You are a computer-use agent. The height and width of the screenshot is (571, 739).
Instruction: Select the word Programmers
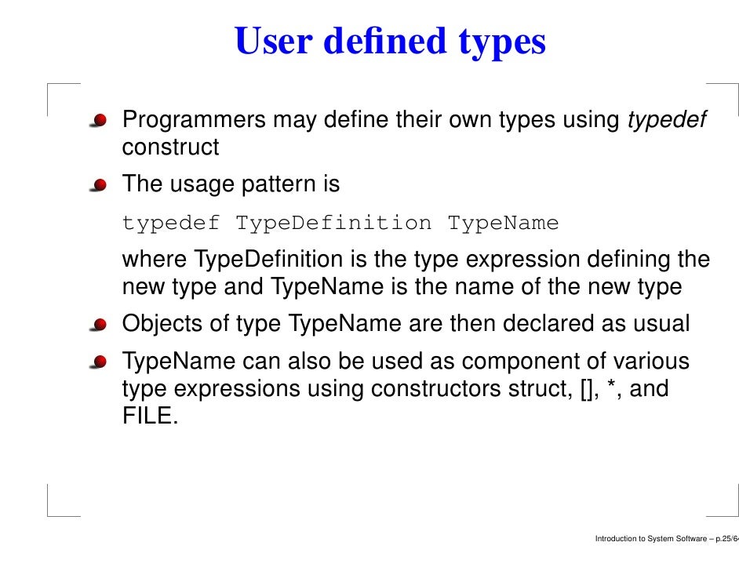coord(194,121)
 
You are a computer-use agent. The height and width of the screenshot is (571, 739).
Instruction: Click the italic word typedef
coord(668,121)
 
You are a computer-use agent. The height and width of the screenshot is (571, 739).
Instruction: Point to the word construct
coord(170,147)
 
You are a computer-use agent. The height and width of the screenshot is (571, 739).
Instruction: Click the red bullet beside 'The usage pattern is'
coord(99,186)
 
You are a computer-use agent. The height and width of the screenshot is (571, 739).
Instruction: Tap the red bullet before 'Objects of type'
coord(99,326)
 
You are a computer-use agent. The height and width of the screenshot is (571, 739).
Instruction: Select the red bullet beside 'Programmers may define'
coord(99,122)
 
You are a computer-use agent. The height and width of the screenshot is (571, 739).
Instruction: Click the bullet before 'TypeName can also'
coord(99,363)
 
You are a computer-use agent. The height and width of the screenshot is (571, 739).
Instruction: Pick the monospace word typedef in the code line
coord(171,224)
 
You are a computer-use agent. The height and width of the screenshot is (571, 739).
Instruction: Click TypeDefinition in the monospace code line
coord(333,224)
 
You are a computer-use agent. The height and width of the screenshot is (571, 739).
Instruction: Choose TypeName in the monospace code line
coord(503,224)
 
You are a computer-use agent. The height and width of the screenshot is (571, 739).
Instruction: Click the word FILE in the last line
coord(147,416)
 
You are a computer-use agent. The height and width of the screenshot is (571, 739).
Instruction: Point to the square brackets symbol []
coord(583,389)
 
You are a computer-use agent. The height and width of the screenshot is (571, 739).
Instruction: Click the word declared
coord(546,323)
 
